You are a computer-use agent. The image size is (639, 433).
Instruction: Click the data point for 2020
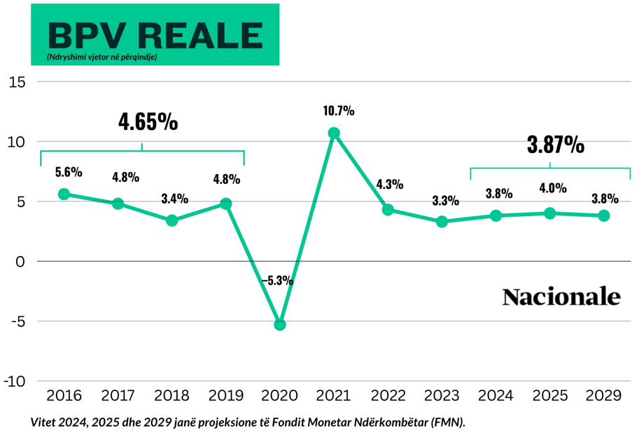[279, 325]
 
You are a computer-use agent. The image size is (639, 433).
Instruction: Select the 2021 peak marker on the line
[334, 133]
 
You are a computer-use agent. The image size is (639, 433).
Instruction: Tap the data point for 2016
[64, 194]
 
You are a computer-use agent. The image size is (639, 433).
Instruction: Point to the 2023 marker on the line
[442, 222]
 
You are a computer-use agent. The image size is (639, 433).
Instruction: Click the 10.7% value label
[339, 111]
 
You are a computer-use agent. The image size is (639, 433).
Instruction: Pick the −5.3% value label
[278, 281]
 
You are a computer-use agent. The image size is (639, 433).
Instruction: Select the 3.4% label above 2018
[175, 199]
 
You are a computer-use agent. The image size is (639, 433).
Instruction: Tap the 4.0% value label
[553, 187]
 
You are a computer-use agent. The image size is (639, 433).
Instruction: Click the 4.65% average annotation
[148, 122]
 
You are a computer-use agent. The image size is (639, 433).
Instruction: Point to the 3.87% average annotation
[556, 145]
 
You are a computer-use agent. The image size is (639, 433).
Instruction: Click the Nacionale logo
[561, 297]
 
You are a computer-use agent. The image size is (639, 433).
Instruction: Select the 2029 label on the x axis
[603, 395]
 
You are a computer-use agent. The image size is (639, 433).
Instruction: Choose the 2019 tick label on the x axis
[226, 395]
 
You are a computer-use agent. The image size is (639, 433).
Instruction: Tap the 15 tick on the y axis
[17, 83]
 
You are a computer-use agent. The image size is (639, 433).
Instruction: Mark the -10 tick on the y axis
[15, 382]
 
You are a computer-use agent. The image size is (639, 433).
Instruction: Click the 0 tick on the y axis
[20, 262]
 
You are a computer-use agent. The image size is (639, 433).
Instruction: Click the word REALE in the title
[201, 36]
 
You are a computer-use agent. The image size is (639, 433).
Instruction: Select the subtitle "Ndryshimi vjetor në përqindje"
[102, 57]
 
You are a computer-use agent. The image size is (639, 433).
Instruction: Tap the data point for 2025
[549, 213]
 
